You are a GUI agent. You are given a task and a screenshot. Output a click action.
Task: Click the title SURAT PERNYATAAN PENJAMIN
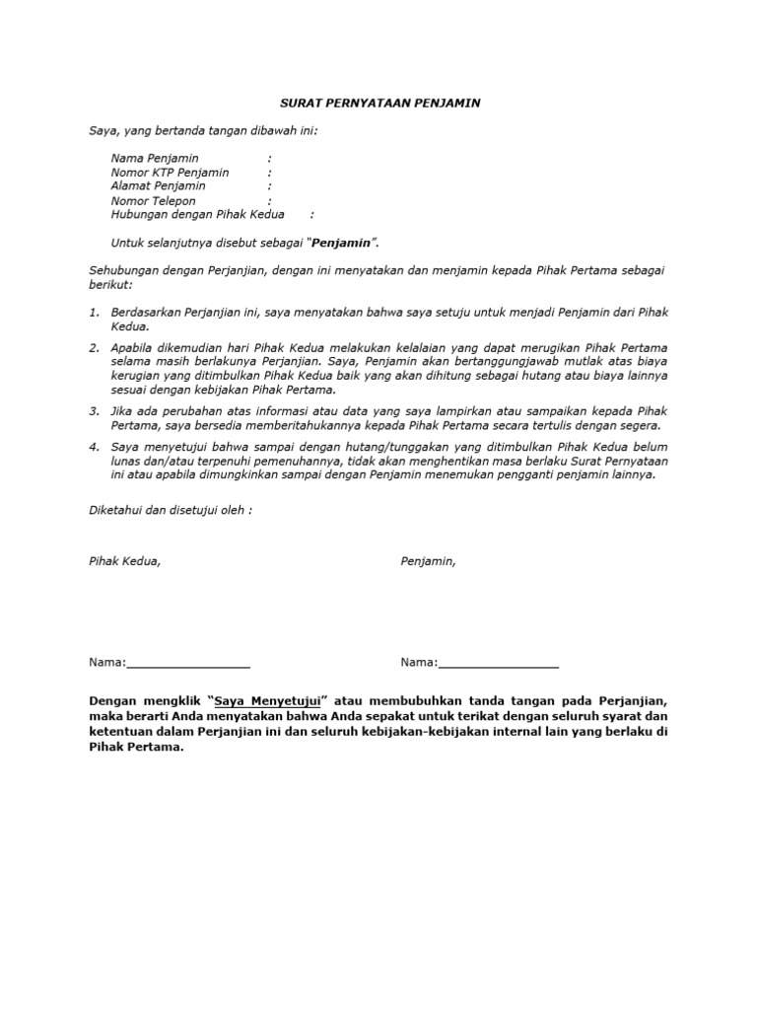pyautogui.click(x=378, y=103)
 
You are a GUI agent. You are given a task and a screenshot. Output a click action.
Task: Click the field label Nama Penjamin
pyautogui.click(x=155, y=158)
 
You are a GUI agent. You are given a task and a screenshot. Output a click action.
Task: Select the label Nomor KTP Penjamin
pyautogui.click(x=171, y=172)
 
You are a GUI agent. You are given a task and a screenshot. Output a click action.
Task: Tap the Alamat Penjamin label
pyautogui.click(x=159, y=185)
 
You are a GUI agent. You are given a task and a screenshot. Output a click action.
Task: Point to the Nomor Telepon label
pyautogui.click(x=154, y=200)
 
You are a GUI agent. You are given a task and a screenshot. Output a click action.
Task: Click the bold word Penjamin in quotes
pyautogui.click(x=343, y=242)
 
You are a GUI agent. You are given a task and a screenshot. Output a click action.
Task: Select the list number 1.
pyautogui.click(x=94, y=312)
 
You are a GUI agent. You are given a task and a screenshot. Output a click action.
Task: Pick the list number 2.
pyautogui.click(x=94, y=347)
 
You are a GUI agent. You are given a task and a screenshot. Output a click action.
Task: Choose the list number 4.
pyautogui.click(x=94, y=446)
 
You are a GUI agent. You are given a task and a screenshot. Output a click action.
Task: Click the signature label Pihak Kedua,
pyautogui.click(x=125, y=560)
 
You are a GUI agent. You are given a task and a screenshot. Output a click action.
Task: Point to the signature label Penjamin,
pyautogui.click(x=428, y=560)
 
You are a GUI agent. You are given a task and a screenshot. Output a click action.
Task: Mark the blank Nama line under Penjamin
pyautogui.click(x=497, y=662)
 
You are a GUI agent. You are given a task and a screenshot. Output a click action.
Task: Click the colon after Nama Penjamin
pyautogui.click(x=269, y=158)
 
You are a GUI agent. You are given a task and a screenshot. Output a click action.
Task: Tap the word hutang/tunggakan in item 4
pyautogui.click(x=370, y=446)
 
